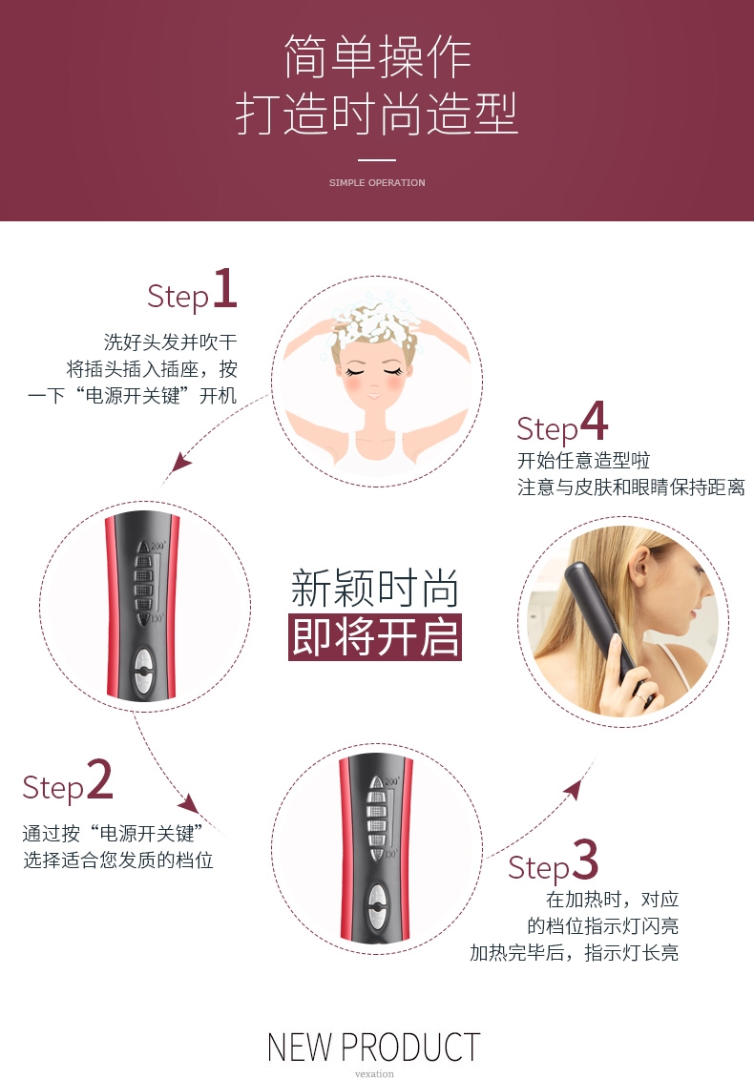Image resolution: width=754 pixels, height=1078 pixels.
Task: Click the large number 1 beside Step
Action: pos(225,288)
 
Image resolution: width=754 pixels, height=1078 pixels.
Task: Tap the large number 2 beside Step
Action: pos(100,779)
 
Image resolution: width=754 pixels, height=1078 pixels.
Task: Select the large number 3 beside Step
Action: pos(585,859)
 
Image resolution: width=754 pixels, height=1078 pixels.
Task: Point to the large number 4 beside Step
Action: pos(594,420)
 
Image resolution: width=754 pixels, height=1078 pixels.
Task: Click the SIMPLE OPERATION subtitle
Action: pos(377,182)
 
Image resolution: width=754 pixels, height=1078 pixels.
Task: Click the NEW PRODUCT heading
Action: pos(373,1047)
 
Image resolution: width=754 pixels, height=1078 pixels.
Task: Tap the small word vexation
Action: pos(374,1073)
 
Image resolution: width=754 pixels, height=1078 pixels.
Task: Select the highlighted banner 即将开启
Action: pos(375,637)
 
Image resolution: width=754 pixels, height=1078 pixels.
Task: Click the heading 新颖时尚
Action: pos(375,588)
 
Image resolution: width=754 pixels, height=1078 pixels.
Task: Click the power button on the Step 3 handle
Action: pos(377,905)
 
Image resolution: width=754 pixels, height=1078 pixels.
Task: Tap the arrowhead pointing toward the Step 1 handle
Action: pos(180,462)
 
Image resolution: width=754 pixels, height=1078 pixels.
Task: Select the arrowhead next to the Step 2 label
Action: pos(189,803)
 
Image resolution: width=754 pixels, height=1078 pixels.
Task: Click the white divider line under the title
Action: pos(377,160)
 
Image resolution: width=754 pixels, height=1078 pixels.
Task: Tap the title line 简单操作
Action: pos(377,56)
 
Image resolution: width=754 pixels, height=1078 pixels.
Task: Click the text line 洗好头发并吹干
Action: pos(170,342)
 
